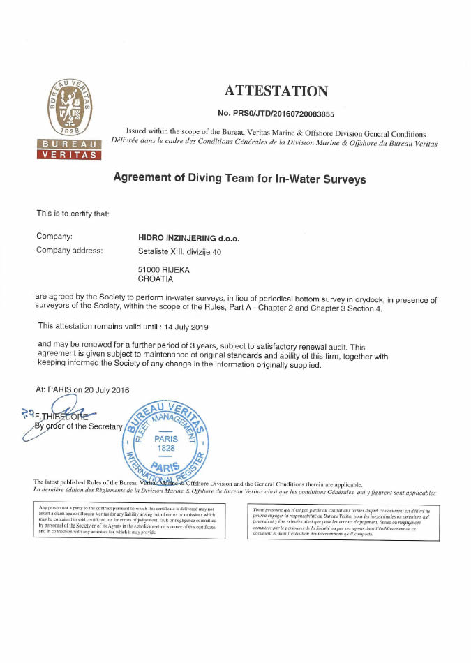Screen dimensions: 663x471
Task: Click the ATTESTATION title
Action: (276, 91)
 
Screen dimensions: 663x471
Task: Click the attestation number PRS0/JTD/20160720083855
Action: (276, 113)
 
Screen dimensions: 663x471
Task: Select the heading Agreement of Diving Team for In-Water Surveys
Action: (239, 179)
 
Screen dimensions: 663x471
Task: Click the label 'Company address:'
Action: (70, 251)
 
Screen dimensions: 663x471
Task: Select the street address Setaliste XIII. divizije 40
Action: (180, 251)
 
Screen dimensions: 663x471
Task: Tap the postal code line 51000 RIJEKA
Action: (165, 269)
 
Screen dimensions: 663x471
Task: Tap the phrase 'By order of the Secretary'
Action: (79, 426)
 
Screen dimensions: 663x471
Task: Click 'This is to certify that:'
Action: (73, 213)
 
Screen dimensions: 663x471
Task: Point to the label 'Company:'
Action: (54, 237)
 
